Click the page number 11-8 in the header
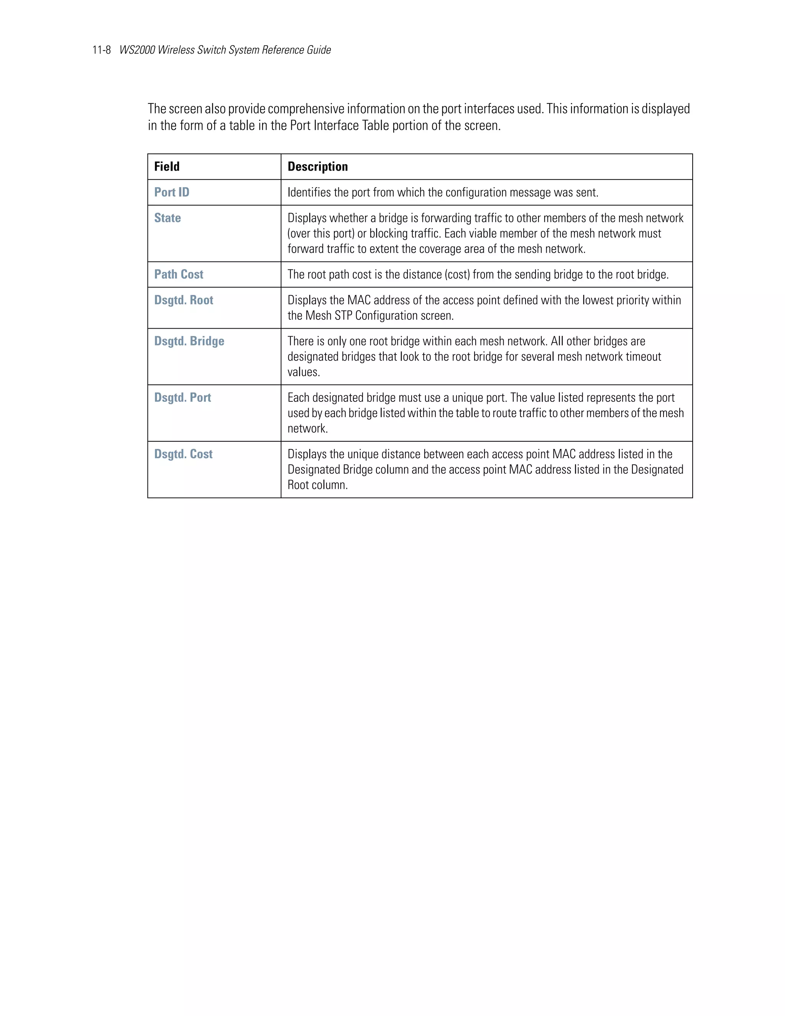(101, 50)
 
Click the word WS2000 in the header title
(137, 50)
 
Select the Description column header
(318, 166)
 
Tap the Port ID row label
(172, 192)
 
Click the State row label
(168, 218)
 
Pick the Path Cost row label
(179, 275)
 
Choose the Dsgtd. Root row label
(184, 300)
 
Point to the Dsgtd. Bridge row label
(189, 341)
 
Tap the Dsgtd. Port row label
(182, 398)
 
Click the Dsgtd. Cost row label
(183, 454)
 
